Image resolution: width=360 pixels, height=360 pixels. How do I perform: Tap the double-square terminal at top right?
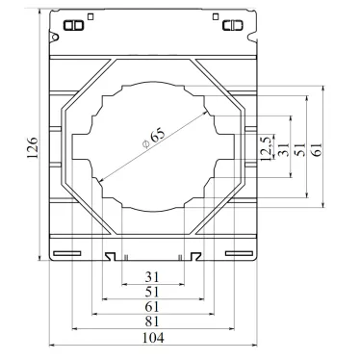(231, 25)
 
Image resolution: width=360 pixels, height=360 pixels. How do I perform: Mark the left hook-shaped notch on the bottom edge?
(111, 256)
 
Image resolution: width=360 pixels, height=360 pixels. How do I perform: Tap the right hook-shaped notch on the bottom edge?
(195, 256)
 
